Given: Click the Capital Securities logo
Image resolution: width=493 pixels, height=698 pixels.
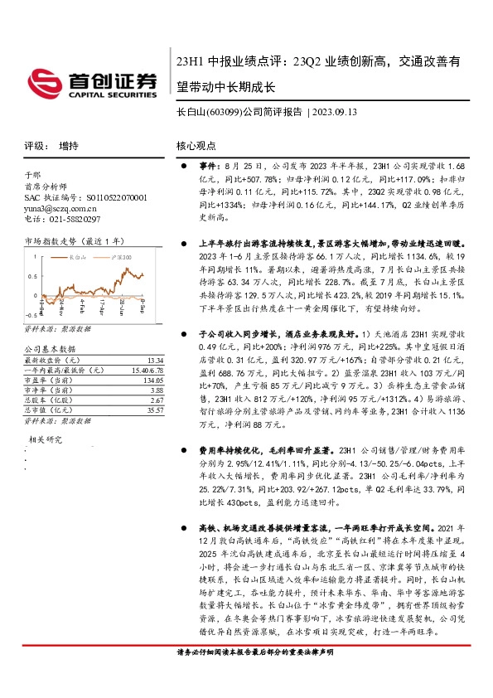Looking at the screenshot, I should point(92,82).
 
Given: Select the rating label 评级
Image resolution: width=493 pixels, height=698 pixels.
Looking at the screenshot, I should point(36,145).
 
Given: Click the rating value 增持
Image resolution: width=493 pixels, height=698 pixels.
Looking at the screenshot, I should point(69,145).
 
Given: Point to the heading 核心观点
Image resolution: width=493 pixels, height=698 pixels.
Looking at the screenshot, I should point(196,145).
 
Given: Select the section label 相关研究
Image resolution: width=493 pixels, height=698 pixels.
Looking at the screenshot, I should point(46,439).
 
